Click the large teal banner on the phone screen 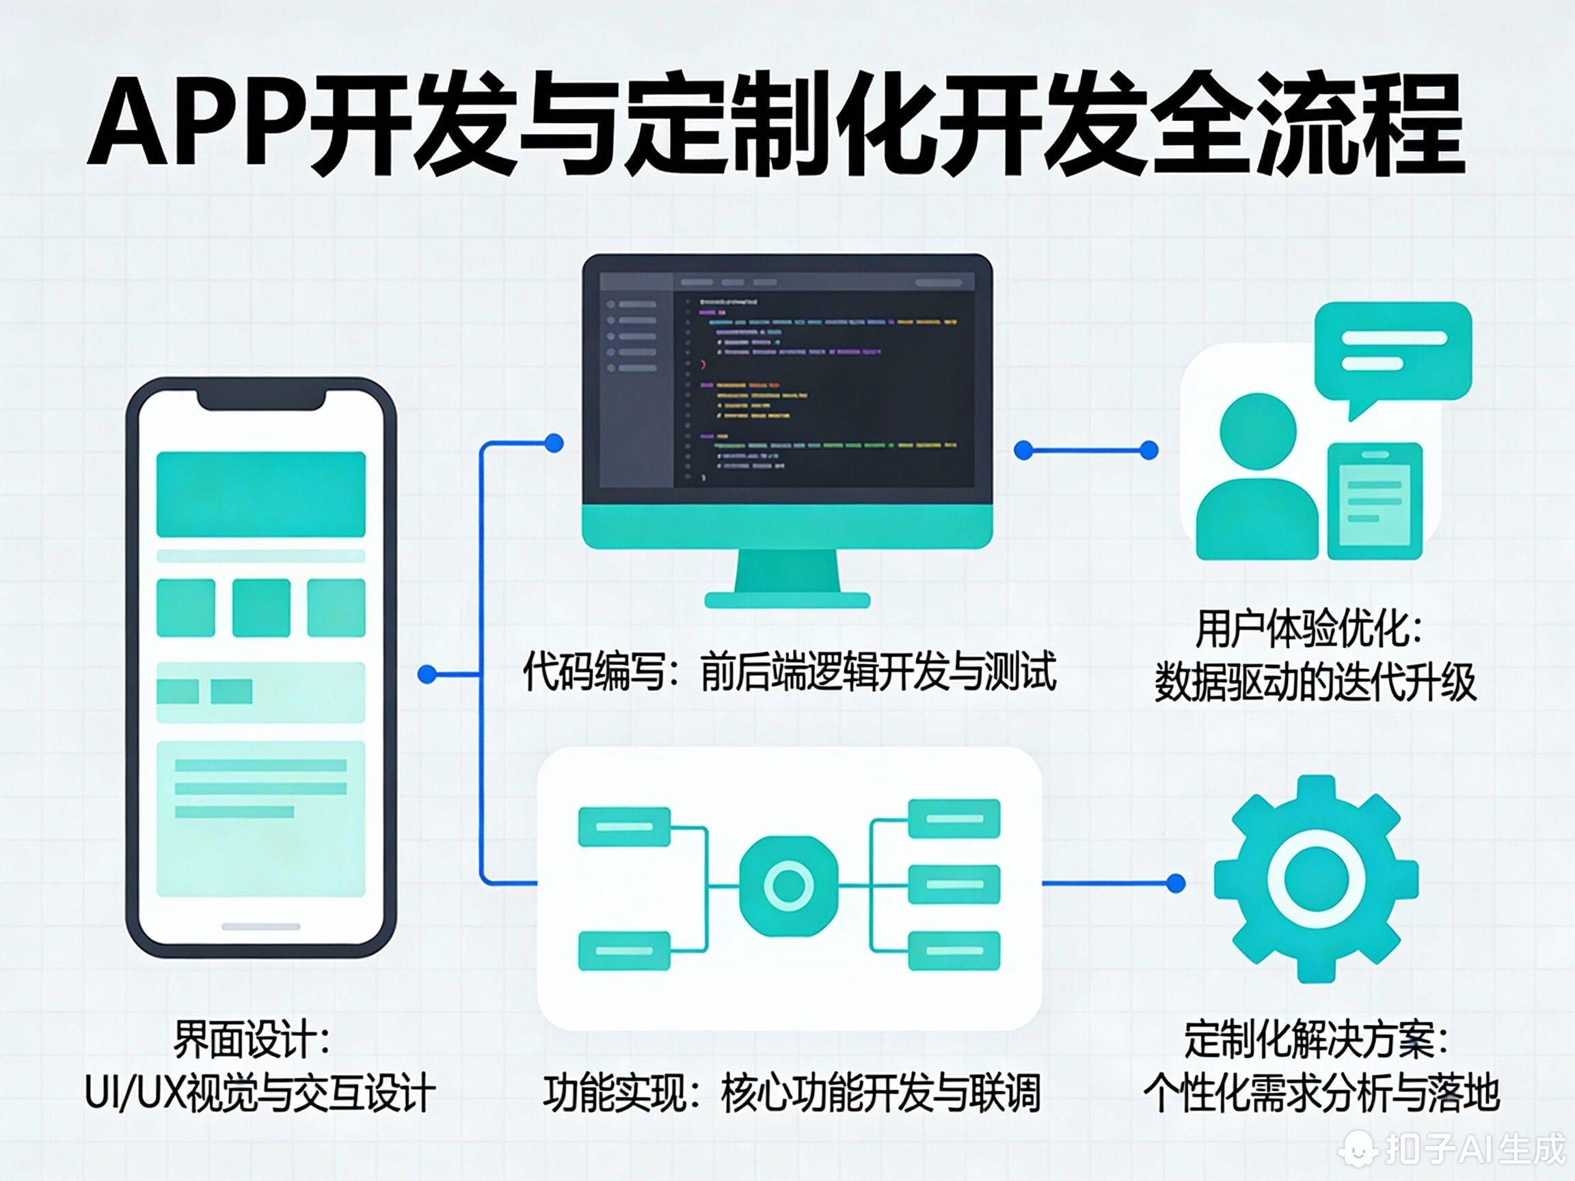coord(260,493)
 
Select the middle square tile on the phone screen coord(261,607)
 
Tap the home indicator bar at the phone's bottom coord(260,926)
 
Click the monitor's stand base coord(787,600)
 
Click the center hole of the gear coord(1316,880)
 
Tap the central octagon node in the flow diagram coord(788,885)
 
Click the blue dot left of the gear coord(1176,884)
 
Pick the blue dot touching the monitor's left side coord(553,444)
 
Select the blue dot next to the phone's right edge coord(427,674)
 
